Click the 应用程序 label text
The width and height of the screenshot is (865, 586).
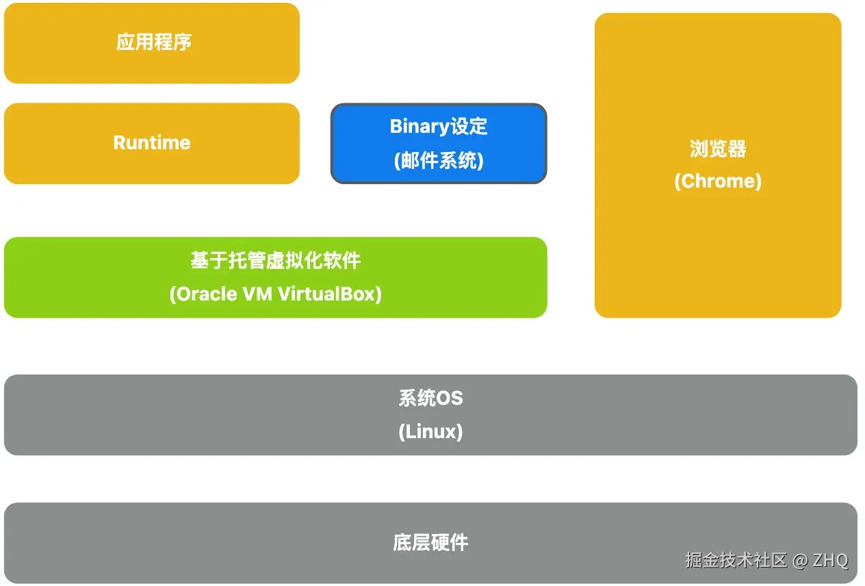click(x=153, y=42)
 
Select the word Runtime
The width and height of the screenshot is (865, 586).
click(x=151, y=142)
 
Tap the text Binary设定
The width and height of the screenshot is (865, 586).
click(x=439, y=127)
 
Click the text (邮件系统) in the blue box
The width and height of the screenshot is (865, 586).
click(x=439, y=160)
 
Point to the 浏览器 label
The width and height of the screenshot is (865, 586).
click(x=717, y=149)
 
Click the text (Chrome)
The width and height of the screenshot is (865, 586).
click(x=717, y=181)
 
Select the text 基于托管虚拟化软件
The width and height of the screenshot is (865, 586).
click(x=275, y=261)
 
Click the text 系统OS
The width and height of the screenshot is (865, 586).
click(x=430, y=398)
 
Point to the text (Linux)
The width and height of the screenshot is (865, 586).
click(x=430, y=432)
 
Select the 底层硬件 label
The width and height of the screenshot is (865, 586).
click(x=430, y=543)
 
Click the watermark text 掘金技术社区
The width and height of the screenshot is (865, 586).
click(x=736, y=560)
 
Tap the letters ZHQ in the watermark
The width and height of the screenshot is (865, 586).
click(x=831, y=560)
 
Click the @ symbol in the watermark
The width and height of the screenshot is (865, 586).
click(x=800, y=560)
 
